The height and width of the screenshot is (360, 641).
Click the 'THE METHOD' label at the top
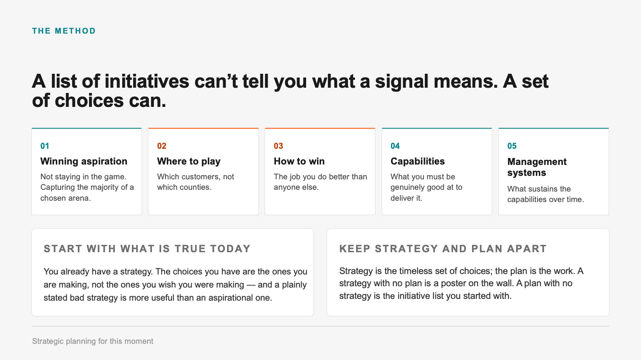(x=64, y=31)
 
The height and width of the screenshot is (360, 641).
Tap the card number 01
(x=45, y=146)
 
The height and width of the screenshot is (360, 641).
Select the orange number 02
(x=162, y=146)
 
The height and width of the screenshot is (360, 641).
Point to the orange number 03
(x=279, y=146)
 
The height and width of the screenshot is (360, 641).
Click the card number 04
(x=395, y=146)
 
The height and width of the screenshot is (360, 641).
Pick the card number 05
(x=512, y=146)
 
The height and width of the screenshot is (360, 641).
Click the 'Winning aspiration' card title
(x=84, y=161)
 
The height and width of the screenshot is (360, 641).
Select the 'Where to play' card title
(x=189, y=161)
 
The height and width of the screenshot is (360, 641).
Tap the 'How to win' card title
(x=300, y=161)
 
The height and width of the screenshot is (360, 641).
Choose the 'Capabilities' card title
(x=418, y=161)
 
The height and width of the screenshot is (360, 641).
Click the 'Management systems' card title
(x=537, y=167)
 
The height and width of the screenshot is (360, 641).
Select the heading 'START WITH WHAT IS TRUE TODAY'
(x=147, y=249)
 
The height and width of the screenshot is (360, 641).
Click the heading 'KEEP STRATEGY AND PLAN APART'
(x=443, y=249)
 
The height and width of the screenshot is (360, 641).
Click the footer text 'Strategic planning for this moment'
(x=93, y=341)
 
